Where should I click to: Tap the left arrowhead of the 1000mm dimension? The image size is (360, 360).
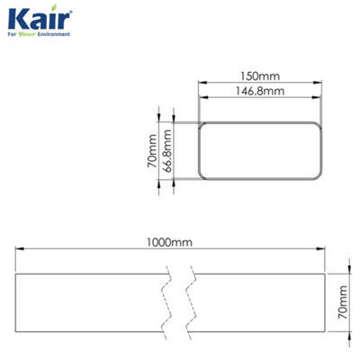[17, 253]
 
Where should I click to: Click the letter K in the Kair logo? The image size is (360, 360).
[15, 20]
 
